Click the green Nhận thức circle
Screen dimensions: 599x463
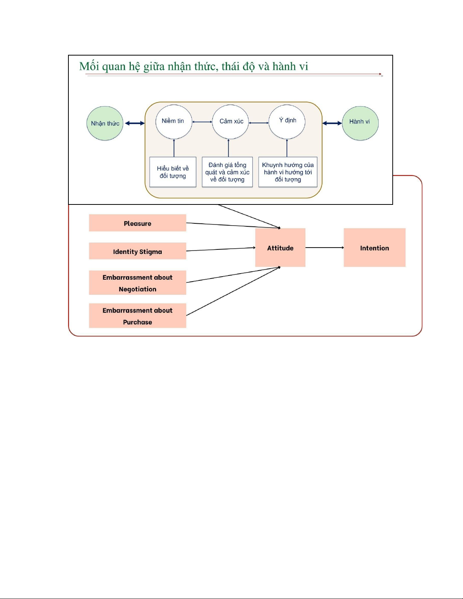pyautogui.click(x=105, y=123)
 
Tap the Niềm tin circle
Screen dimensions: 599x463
pyautogui.click(x=173, y=122)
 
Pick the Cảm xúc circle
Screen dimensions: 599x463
pyautogui.click(x=230, y=122)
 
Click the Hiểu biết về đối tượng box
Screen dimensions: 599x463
pyautogui.click(x=173, y=172)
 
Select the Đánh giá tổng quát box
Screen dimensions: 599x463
pyautogui.click(x=227, y=172)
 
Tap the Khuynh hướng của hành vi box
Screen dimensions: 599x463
pyautogui.click(x=288, y=172)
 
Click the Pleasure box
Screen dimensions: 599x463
pyautogui.click(x=138, y=223)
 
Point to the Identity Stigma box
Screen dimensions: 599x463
pyautogui.click(x=138, y=251)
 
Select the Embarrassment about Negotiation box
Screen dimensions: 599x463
pyautogui.click(x=138, y=283)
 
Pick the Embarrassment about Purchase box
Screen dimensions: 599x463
pyautogui.click(x=138, y=316)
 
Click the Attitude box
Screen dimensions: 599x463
pyautogui.click(x=280, y=248)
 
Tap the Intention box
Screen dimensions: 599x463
pyautogui.click(x=374, y=248)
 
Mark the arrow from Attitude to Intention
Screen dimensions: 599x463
pyautogui.click(x=324, y=248)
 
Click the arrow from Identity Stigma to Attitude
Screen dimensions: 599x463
pyautogui.click(x=221, y=249)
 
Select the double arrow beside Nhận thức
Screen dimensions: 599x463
pyautogui.click(x=135, y=123)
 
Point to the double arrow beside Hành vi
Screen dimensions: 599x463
pyautogui.click(x=332, y=123)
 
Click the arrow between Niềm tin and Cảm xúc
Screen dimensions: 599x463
pyautogui.click(x=202, y=122)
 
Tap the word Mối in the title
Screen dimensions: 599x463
pyautogui.click(x=89, y=67)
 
